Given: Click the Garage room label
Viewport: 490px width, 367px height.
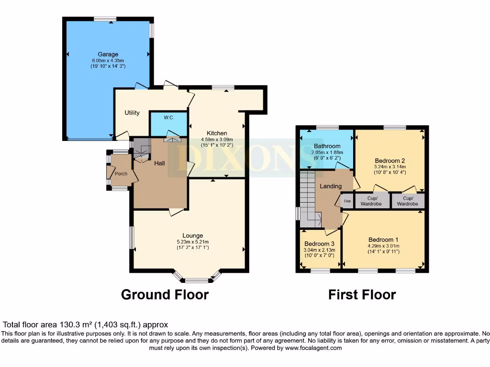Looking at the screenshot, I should [x=108, y=54].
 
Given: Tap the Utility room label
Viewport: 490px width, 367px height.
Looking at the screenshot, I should [x=132, y=113].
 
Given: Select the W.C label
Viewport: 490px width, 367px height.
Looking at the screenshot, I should [x=168, y=118].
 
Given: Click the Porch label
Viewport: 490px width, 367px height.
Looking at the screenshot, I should [x=121, y=173].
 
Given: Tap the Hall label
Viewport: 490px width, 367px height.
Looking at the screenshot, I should [x=159, y=163].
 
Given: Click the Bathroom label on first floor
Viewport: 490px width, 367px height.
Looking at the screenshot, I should [x=327, y=146].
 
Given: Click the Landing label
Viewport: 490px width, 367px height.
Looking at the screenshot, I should [x=331, y=186].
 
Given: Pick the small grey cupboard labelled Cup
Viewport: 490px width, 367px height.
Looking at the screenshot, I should [x=347, y=201].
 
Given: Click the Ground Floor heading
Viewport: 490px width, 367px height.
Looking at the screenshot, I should [x=165, y=294].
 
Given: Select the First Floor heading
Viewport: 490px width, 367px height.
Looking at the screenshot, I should [x=362, y=295].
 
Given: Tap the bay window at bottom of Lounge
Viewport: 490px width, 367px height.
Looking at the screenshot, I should [x=198, y=278].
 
